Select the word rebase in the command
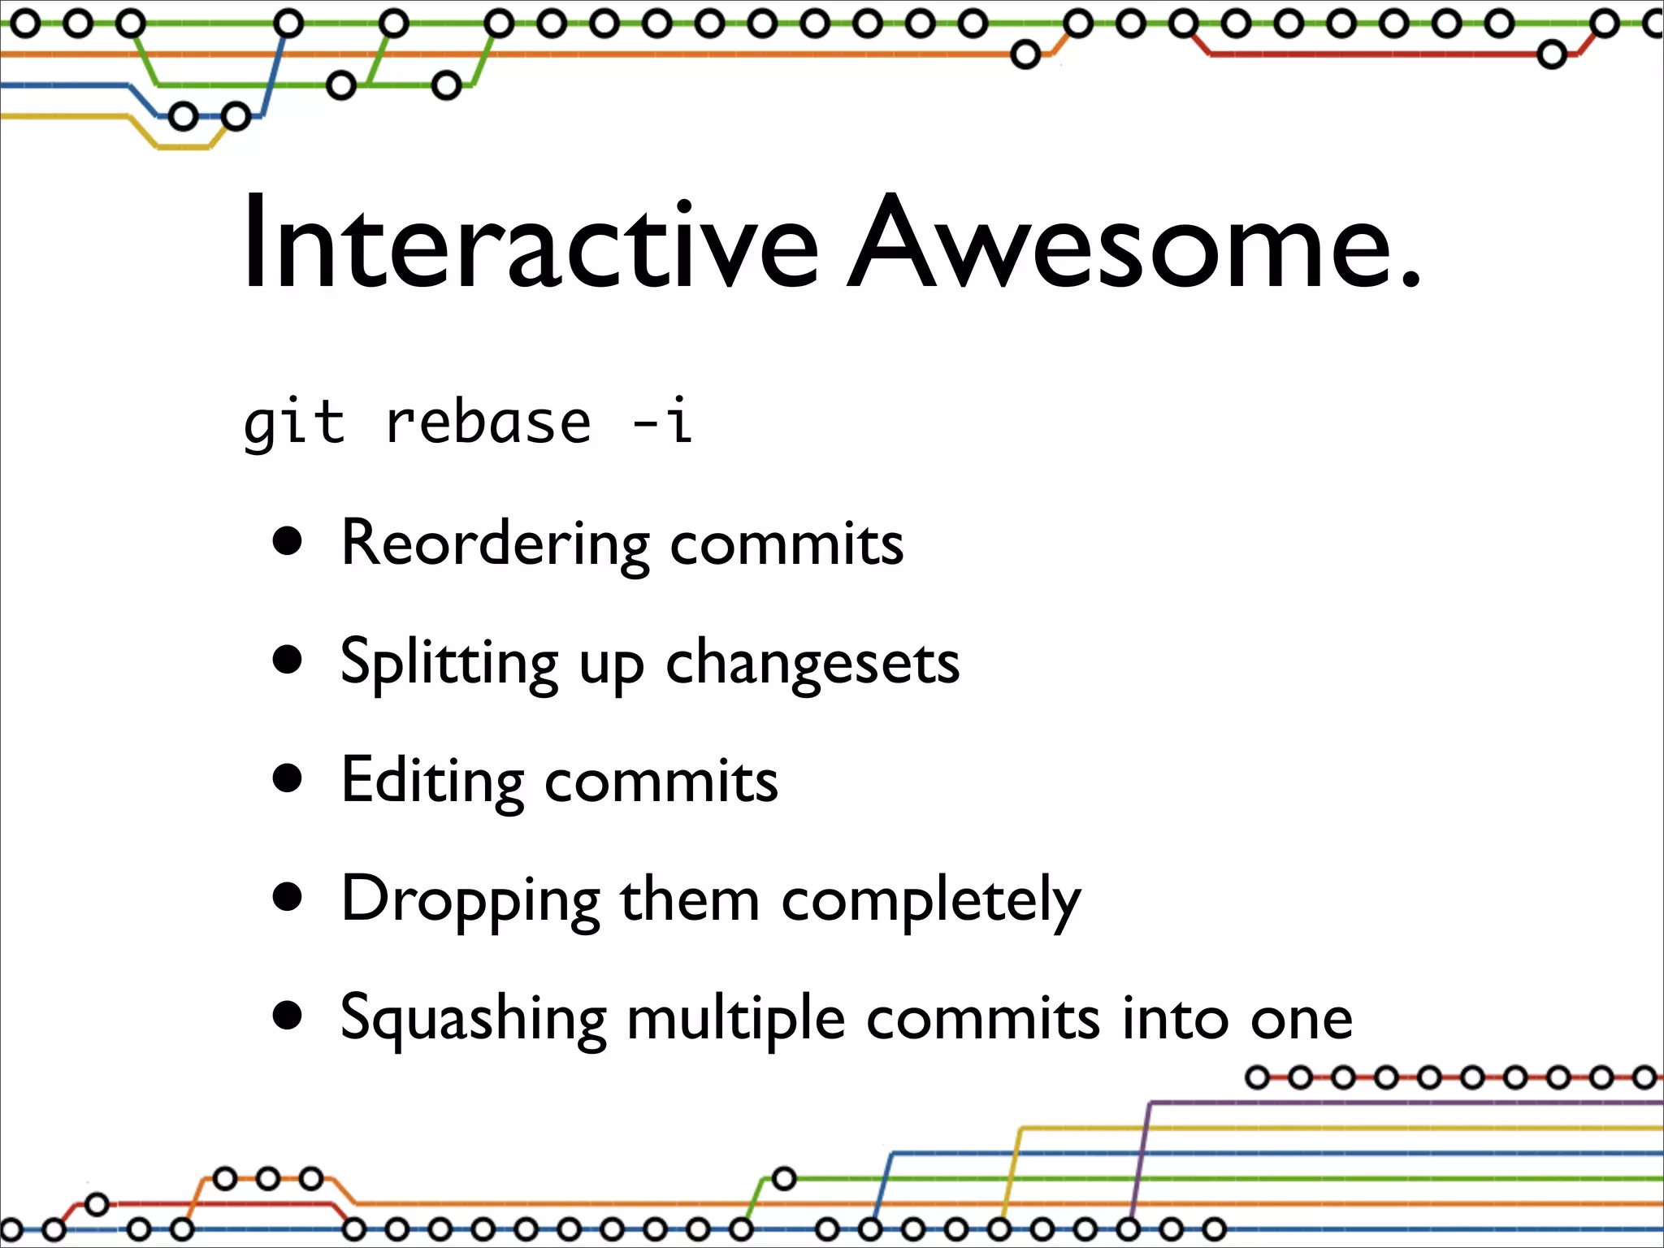[x=487, y=422]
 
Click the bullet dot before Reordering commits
[x=288, y=542]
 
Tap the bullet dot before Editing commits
[x=288, y=778]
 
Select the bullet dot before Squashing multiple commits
[x=288, y=1016]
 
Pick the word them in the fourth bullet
[x=689, y=900]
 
